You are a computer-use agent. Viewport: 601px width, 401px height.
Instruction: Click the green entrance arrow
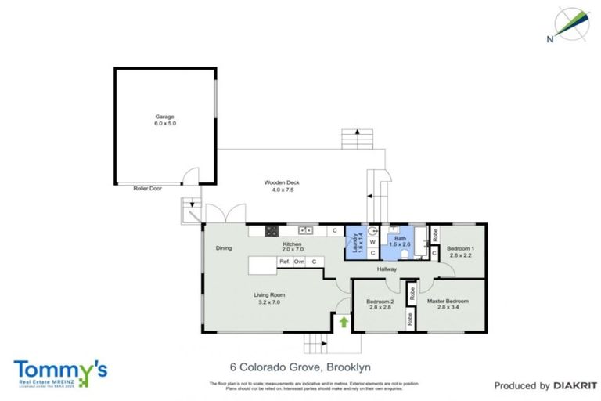point(342,321)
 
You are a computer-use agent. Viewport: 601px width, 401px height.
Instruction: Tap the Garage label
point(164,117)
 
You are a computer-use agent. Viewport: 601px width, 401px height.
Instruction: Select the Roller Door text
point(147,188)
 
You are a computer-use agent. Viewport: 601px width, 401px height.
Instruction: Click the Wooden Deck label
point(286,182)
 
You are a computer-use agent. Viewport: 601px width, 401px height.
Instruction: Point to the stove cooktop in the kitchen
point(272,230)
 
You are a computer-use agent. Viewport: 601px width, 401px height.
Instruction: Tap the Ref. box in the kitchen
point(285,262)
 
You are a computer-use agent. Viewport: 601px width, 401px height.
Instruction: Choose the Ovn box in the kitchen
point(299,262)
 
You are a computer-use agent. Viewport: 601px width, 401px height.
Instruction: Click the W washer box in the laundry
point(372,242)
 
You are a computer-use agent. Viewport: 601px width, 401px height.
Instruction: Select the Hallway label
point(387,269)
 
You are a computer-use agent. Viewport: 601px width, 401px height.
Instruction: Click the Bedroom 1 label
point(460,248)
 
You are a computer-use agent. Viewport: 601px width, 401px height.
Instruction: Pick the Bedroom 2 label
point(380,302)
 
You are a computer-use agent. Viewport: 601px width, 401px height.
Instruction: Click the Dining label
point(224,248)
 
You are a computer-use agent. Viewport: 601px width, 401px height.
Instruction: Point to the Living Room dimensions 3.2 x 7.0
point(266,302)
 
